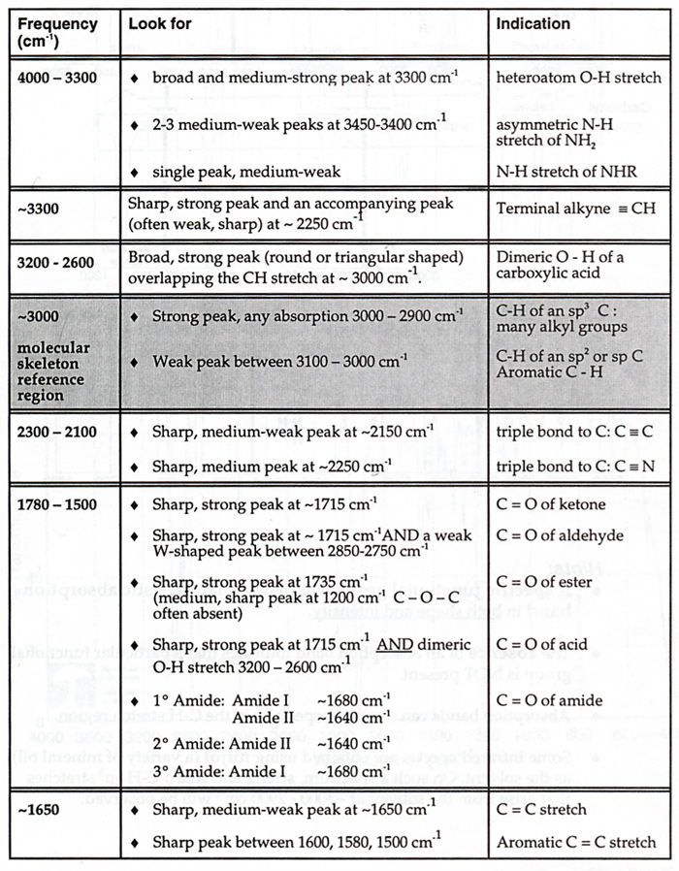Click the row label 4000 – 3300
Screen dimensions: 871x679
click(x=57, y=78)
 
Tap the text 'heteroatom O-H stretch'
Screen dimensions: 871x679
click(x=578, y=78)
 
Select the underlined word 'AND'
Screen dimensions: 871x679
click(x=420, y=644)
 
